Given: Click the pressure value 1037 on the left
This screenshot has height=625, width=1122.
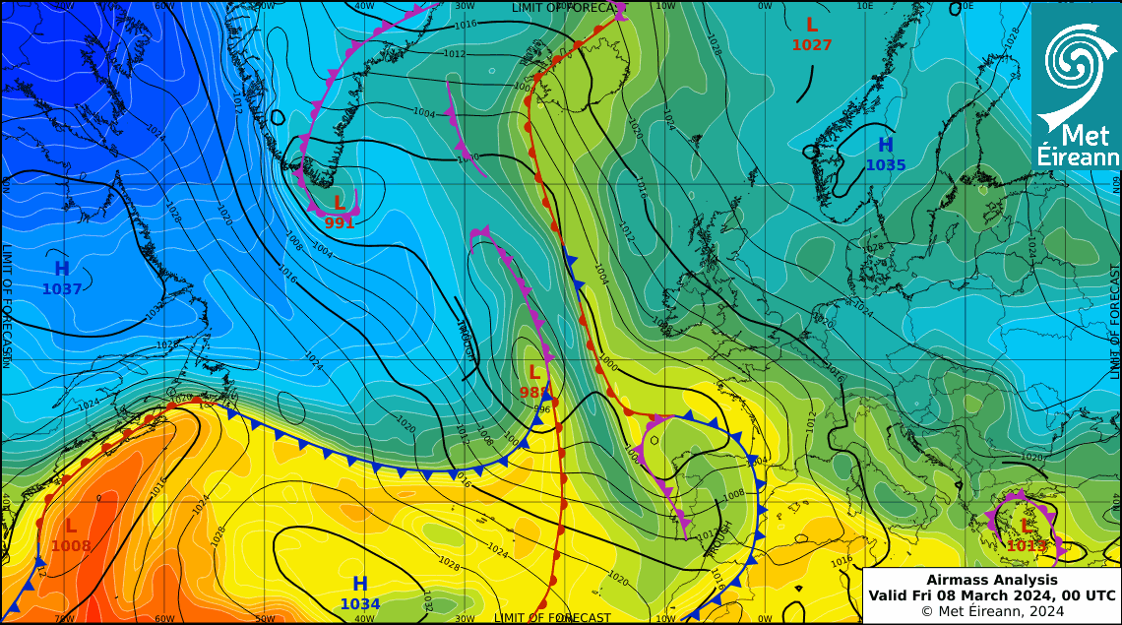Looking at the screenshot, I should (61, 289).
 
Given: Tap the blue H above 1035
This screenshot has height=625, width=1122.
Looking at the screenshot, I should (886, 146).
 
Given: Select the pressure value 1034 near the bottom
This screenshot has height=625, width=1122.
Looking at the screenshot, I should (360, 604).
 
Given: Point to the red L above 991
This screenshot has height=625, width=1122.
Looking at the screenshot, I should (339, 204).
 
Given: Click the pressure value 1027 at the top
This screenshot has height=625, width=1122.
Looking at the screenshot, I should (812, 45).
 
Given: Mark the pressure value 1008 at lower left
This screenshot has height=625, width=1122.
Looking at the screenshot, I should (71, 546).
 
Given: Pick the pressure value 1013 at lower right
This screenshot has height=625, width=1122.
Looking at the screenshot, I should (1027, 546).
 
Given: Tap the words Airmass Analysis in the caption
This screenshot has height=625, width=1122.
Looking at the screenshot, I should (991, 580).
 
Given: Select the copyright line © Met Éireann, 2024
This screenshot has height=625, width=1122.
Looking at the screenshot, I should (991, 611).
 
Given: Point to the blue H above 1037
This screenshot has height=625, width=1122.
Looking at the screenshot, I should (61, 269).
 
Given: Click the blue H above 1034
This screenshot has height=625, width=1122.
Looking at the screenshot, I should (360, 584).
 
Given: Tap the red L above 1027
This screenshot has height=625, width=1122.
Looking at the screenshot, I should (812, 25).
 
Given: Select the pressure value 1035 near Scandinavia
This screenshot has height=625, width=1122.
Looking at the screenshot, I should (886, 165).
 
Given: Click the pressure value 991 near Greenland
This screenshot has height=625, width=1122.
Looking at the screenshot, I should (339, 223).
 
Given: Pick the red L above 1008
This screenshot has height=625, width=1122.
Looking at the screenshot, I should (71, 527).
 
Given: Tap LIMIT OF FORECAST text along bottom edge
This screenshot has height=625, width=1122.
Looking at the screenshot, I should (552, 618).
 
